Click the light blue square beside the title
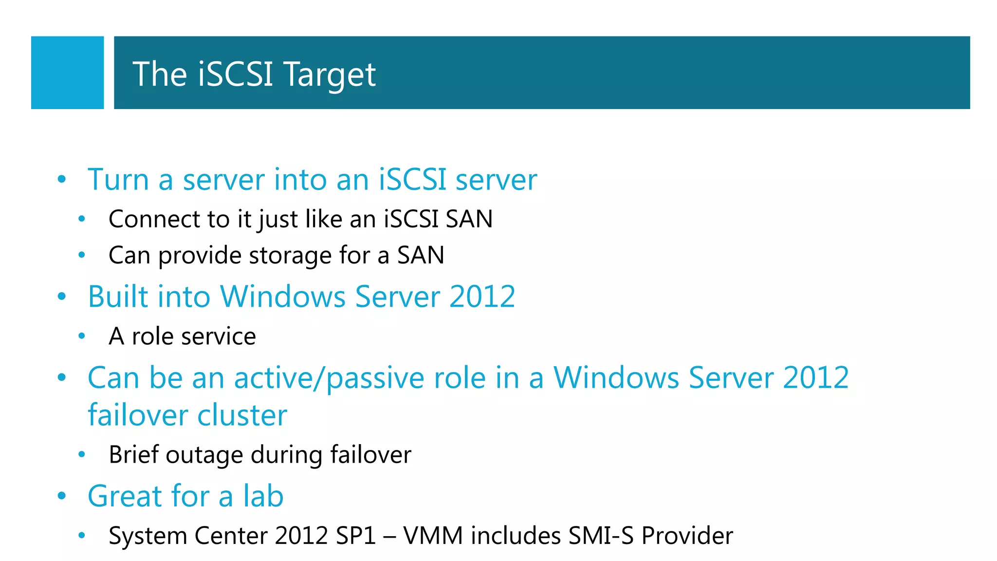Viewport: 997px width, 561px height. click(x=67, y=73)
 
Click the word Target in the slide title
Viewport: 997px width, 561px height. click(x=330, y=75)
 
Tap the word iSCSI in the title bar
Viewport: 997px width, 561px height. click(x=235, y=74)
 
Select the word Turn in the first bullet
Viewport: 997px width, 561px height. click(x=118, y=180)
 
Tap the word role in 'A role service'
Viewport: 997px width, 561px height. click(x=152, y=337)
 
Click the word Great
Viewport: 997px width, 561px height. click(x=125, y=496)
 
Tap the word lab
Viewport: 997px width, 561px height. click(x=263, y=496)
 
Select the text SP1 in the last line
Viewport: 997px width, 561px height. click(x=356, y=536)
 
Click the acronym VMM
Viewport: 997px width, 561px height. click(x=433, y=536)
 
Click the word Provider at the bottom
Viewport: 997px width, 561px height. click(x=687, y=536)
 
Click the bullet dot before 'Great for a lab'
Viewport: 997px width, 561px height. click(x=61, y=496)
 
